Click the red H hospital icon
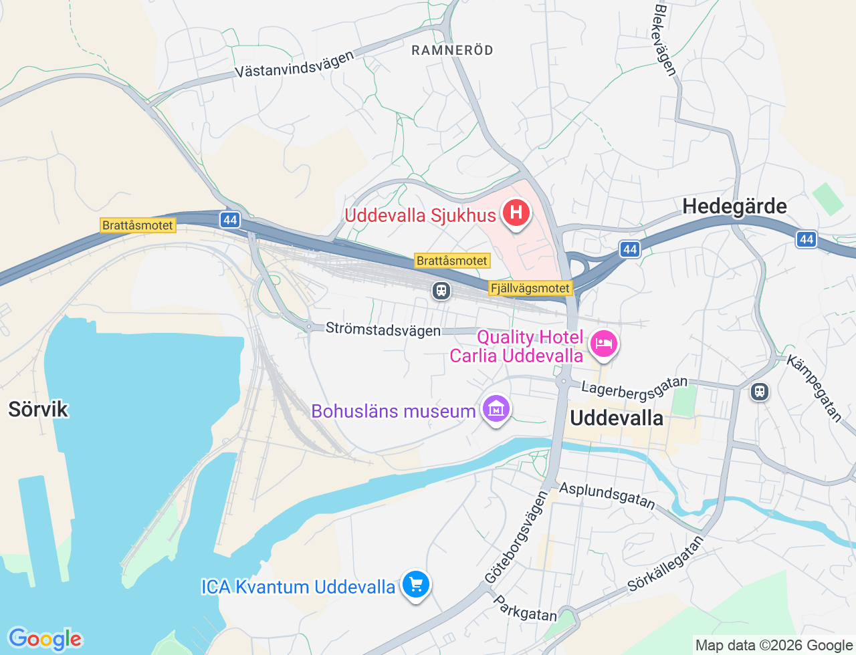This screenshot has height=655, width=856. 516,214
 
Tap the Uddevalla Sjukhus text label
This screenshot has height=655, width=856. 420,215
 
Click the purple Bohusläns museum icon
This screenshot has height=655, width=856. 496,409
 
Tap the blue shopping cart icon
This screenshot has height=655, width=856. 416,585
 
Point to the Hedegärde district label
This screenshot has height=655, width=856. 734,207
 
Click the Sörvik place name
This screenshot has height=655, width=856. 38,409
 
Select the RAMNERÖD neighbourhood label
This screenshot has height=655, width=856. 452,50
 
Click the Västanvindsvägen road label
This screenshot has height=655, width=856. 294,65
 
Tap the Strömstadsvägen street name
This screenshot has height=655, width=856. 383,329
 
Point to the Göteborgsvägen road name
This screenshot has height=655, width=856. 516,537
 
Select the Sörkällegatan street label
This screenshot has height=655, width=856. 665,564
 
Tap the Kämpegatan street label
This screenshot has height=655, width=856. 814,388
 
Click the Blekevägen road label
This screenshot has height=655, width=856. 665,40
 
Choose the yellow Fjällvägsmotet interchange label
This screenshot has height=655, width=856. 531,288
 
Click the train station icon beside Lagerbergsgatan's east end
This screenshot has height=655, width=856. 759,391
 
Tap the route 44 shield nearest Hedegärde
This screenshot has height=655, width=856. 629,249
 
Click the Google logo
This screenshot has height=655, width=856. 45,639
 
